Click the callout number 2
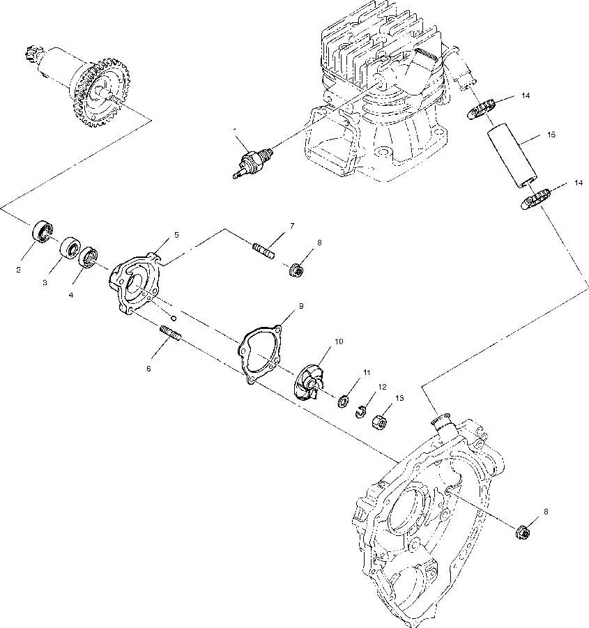20,268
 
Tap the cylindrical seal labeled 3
69,248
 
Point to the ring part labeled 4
89,256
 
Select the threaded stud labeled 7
263,245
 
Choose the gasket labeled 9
259,353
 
